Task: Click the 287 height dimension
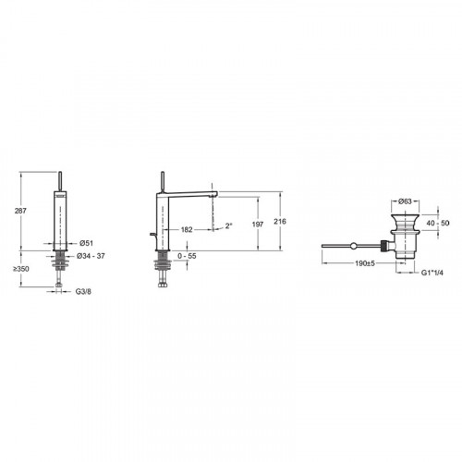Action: click(20, 211)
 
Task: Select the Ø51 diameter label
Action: click(86, 243)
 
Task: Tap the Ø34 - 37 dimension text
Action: click(91, 256)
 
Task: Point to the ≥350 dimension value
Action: click(21, 269)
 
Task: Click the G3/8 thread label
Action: click(83, 291)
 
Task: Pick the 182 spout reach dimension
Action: click(187, 229)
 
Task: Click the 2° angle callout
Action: click(228, 225)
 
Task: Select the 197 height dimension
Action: click(258, 225)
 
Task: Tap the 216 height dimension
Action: click(280, 221)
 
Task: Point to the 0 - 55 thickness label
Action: click(187, 256)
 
